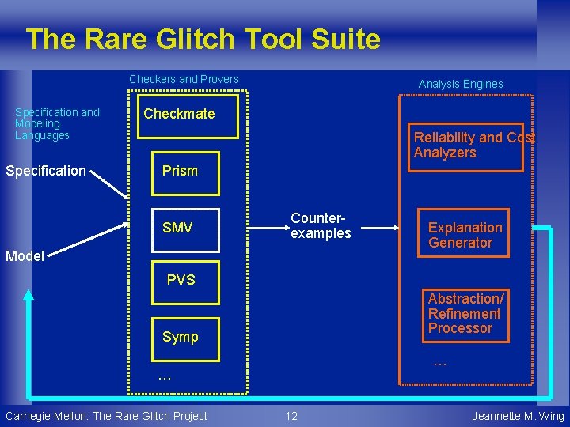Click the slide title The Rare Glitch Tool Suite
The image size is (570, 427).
coord(203,39)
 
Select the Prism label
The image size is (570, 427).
coord(180,171)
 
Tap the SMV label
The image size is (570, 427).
coord(177,229)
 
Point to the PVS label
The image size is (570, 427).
coord(180,280)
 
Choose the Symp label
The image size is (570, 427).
coord(180,337)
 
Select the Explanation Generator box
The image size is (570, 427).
coord(465,235)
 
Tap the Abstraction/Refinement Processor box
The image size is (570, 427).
coord(465,313)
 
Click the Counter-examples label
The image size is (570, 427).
coord(320,225)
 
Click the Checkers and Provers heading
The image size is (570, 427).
coord(184,79)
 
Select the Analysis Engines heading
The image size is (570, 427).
coord(461,84)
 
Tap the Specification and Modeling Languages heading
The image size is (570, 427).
coord(57,123)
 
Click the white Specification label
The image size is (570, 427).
coord(46,171)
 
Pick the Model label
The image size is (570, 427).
coord(25,255)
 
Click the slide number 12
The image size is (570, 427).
coord(291,416)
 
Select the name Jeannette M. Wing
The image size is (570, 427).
coord(518,416)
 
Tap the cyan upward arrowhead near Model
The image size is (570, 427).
coord(28,296)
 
